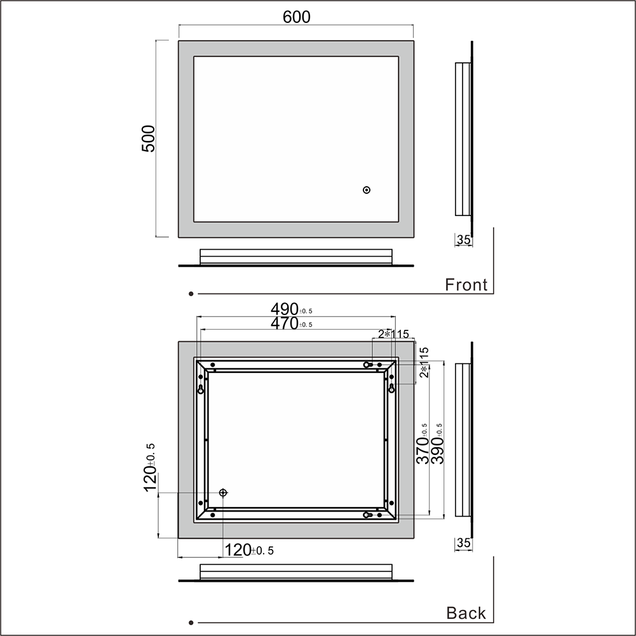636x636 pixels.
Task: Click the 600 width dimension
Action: click(297, 17)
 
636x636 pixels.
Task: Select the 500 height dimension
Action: click(147, 138)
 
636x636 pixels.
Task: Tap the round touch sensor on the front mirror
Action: click(367, 190)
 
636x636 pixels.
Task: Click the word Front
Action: click(466, 285)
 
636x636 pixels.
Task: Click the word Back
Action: click(466, 613)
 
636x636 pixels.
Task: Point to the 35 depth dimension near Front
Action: click(464, 240)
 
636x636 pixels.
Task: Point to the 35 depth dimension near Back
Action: click(464, 543)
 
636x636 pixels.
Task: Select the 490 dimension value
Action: click(285, 309)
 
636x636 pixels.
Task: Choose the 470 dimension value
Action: click(285, 323)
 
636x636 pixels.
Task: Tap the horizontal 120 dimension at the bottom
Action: click(239, 550)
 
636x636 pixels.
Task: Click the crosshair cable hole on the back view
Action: click(223, 493)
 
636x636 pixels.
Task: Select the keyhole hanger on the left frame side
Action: click(201, 389)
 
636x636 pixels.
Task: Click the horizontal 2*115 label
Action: click(394, 334)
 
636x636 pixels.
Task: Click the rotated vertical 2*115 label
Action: click(424, 362)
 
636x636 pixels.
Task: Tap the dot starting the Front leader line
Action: click(191, 294)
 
